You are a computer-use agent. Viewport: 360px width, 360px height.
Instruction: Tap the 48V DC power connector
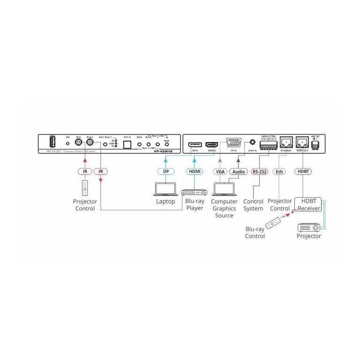(316, 145)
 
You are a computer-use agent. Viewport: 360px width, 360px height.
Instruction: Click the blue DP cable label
(166, 172)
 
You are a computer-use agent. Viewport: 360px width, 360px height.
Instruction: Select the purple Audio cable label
(239, 172)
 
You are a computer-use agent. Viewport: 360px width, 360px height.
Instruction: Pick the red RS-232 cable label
(259, 172)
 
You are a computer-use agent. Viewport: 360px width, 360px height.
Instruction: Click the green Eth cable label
(279, 172)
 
